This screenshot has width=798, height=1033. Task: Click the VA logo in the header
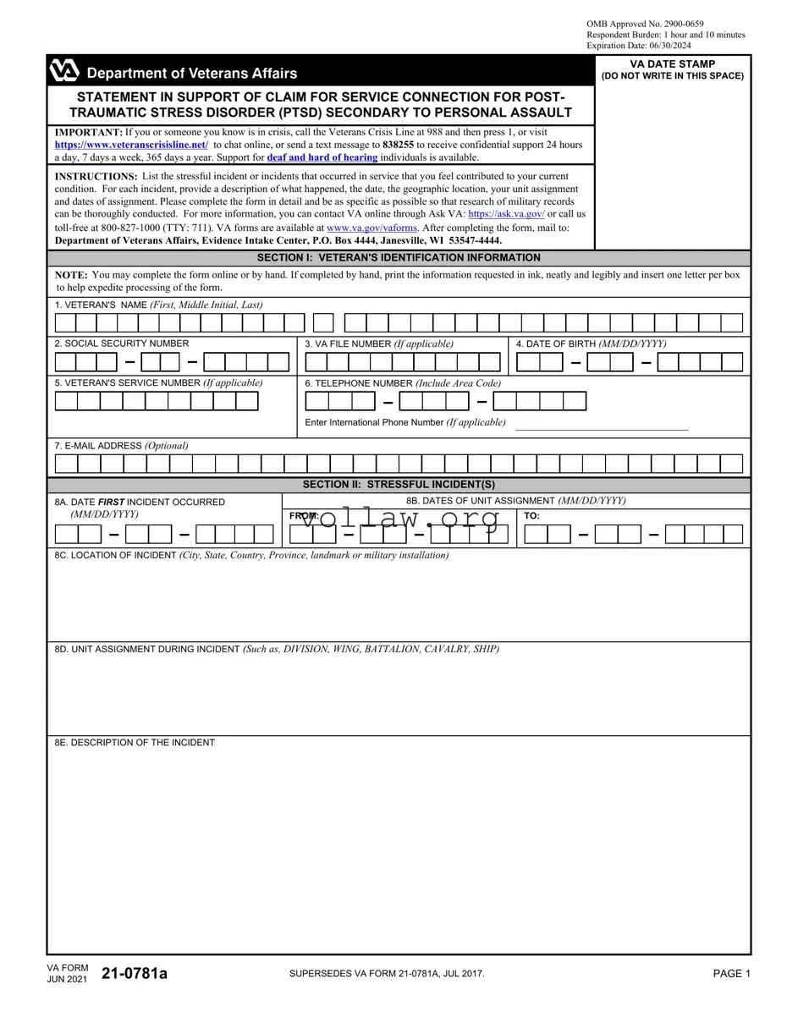pyautogui.click(x=64, y=70)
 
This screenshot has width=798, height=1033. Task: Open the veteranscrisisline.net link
pyautogui.click(x=131, y=145)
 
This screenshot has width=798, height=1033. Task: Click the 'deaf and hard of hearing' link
pyautogui.click(x=322, y=157)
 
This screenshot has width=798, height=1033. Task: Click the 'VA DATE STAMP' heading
pyautogui.click(x=672, y=64)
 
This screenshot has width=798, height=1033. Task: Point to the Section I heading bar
pyautogui.click(x=399, y=258)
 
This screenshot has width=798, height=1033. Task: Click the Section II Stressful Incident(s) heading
pyautogui.click(x=399, y=485)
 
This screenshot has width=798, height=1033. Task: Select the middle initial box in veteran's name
pyautogui.click(x=323, y=322)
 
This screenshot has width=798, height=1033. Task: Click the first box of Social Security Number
pyautogui.click(x=65, y=362)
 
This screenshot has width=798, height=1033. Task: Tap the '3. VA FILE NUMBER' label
pyautogui.click(x=378, y=343)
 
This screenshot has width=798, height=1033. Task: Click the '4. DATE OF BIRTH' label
pyautogui.click(x=591, y=343)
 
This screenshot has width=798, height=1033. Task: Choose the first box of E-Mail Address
pyautogui.click(x=66, y=464)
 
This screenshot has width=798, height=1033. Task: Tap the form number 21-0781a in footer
pyautogui.click(x=135, y=974)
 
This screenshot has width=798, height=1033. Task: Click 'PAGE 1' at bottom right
pyautogui.click(x=731, y=974)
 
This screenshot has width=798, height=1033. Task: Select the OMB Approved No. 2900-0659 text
pyautogui.click(x=645, y=24)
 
